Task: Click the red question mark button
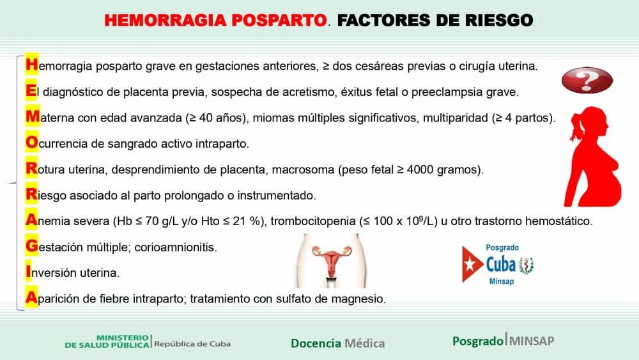[x=587, y=81]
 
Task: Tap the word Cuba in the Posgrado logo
[x=500, y=264]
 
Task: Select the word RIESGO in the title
[x=496, y=20]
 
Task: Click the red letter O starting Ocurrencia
[x=31, y=144]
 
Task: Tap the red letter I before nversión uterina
[x=29, y=272]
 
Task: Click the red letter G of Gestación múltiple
[x=31, y=246]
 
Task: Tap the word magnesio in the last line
[x=363, y=299]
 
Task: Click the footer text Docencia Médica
[x=337, y=343]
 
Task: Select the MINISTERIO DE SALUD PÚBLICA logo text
[x=107, y=341]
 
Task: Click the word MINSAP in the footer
[x=531, y=341]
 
